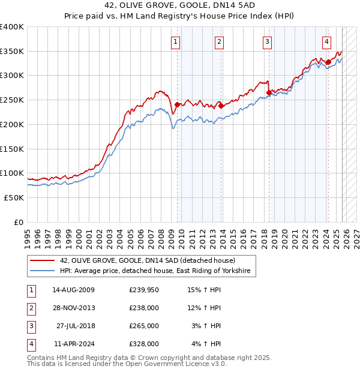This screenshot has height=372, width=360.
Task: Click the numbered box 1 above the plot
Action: click(x=175, y=41)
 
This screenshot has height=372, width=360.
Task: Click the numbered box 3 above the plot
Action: click(x=267, y=41)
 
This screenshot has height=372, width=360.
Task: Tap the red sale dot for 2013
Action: click(x=221, y=106)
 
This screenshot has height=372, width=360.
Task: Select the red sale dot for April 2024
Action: click(x=328, y=62)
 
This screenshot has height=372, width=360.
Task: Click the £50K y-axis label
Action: click(x=14, y=197)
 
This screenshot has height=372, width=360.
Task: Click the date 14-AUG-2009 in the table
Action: click(x=73, y=290)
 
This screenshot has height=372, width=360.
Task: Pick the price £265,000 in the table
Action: click(x=144, y=326)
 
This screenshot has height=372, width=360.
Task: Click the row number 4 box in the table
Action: click(x=29, y=344)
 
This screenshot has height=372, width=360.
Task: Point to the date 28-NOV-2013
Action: click(x=73, y=308)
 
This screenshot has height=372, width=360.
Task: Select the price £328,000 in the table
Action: click(x=144, y=344)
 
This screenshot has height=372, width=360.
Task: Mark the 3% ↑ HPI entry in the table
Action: click(x=206, y=326)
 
